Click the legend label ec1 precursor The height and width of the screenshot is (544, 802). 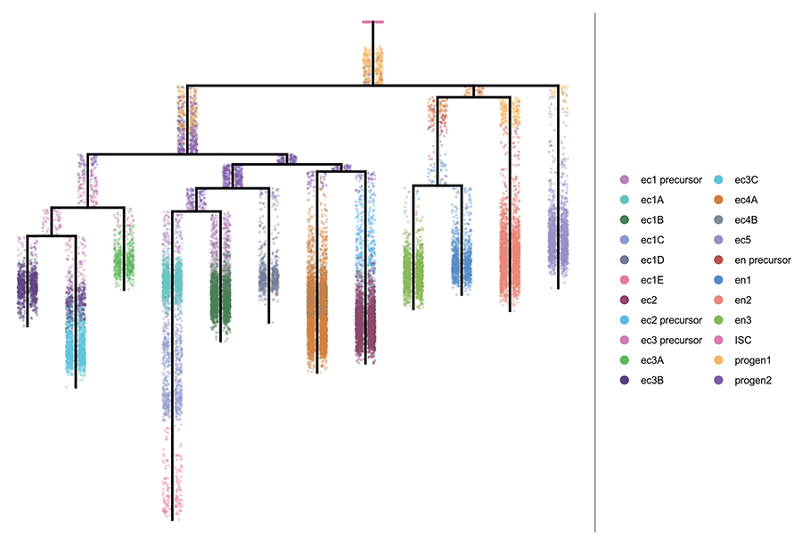tap(670, 181)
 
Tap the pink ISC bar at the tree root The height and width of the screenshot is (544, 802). tap(372, 21)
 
